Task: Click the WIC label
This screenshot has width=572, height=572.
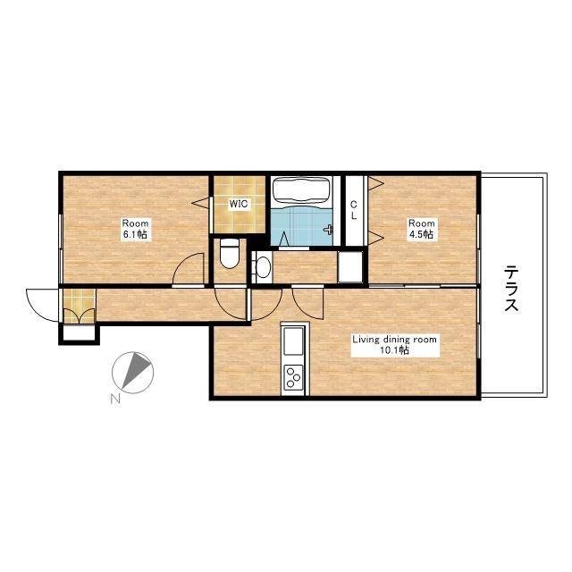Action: pos(239,204)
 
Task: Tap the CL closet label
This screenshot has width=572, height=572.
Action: pos(354,210)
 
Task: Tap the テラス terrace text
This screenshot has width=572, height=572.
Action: pos(511,288)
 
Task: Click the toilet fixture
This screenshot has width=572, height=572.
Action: pos(230,253)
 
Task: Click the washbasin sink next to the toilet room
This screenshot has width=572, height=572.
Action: pos(264,267)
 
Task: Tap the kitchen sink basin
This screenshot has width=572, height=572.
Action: pos(294,341)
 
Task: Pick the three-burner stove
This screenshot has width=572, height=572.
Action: pos(294,376)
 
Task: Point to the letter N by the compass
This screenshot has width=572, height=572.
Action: pos(115,400)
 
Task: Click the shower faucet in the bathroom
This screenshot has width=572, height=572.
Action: pos(329,229)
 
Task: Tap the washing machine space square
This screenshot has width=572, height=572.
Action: pos(350,266)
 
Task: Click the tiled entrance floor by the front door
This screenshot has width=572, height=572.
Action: pos(80,306)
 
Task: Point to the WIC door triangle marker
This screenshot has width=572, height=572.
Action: pos(200,203)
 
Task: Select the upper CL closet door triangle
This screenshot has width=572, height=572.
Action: pos(375,182)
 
